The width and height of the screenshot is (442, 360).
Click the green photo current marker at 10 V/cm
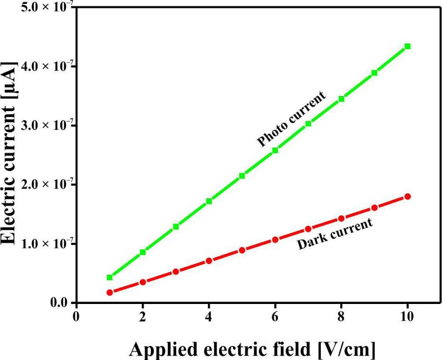pos(407,46)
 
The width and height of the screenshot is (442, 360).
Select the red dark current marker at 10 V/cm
pos(407,196)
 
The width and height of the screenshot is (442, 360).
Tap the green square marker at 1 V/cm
pos(110,277)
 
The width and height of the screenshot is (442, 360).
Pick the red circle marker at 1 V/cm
pos(110,292)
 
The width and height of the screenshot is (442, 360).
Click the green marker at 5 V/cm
pos(242,175)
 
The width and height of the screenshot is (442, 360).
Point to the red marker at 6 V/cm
pos(275,240)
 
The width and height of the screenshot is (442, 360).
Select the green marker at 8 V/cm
pos(341,99)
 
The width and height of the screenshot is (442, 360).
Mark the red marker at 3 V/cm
pos(176,271)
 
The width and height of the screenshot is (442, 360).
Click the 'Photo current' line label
pos(292,118)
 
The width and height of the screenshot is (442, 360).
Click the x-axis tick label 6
pos(275,316)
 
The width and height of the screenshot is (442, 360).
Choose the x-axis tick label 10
pos(407,316)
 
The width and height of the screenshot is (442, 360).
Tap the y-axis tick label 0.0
pos(61,303)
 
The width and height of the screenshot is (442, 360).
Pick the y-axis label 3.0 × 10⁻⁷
pos(42,125)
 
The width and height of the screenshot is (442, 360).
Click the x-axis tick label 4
pos(209,316)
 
